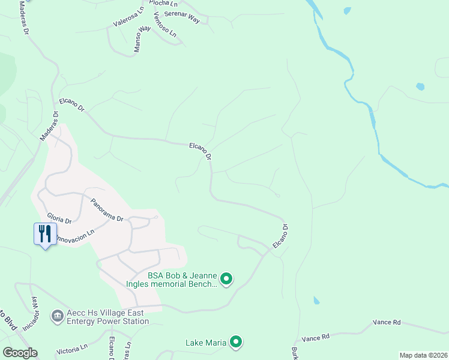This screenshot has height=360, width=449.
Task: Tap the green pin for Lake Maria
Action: pyautogui.click(x=236, y=342)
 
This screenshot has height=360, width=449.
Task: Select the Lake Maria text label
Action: pyautogui.click(x=206, y=343)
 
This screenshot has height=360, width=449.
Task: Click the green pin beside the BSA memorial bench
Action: pyautogui.click(x=226, y=278)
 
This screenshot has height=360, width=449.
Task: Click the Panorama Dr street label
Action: pyautogui.click(x=107, y=210)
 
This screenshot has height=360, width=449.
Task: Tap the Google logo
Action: pyautogui.click(x=20, y=353)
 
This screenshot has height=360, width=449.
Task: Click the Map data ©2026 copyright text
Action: pyautogui.click(x=423, y=355)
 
